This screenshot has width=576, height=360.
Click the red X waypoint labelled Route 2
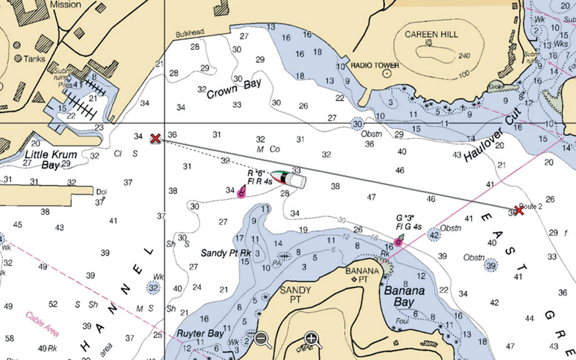(x=519, y=210)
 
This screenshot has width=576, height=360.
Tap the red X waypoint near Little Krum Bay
(x=155, y=138)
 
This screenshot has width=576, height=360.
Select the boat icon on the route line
(x=289, y=178)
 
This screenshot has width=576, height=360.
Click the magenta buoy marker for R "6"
(x=241, y=193)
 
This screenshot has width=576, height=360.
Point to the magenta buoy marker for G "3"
(x=398, y=242)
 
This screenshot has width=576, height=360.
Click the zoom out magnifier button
(x=262, y=339)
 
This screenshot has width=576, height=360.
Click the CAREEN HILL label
(x=431, y=34)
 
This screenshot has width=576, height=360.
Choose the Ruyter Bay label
(x=200, y=334)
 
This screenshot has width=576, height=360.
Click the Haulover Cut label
(x=493, y=136)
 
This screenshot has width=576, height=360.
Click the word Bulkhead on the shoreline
(x=190, y=33)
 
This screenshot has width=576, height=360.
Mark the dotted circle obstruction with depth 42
(x=434, y=235)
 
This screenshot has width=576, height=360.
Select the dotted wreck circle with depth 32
(x=154, y=288)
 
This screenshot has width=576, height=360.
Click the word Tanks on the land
(x=33, y=58)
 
